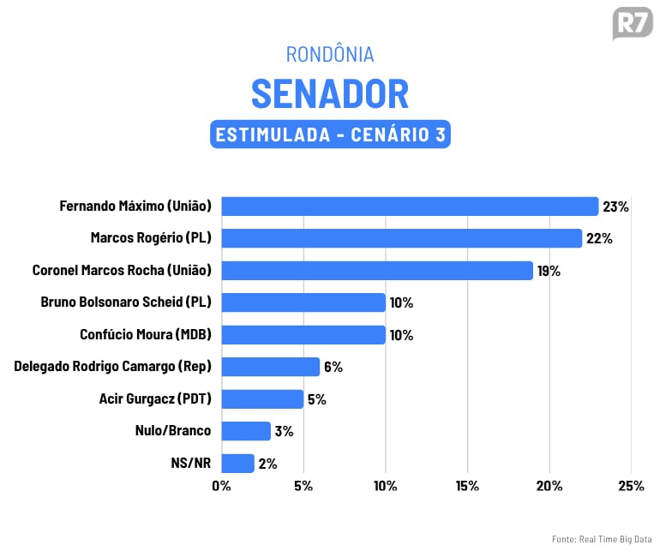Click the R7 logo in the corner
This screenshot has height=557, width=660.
click(x=632, y=23)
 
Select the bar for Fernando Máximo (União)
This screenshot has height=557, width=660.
click(x=410, y=207)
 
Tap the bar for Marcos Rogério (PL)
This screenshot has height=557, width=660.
click(x=401, y=238)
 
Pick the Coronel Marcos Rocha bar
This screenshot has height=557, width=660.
click(x=377, y=271)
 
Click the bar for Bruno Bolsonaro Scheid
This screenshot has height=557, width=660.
click(x=303, y=302)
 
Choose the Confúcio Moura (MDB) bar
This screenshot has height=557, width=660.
click(x=303, y=334)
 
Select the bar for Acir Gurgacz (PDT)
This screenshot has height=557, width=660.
click(x=262, y=399)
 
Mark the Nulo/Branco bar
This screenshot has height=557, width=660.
click(x=246, y=431)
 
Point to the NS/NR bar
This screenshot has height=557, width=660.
click(x=237, y=464)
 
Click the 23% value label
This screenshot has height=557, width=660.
click(x=615, y=207)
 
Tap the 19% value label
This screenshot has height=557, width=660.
click(x=549, y=271)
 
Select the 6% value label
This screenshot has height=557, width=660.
click(x=333, y=367)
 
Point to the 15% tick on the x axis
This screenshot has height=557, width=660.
click(x=467, y=487)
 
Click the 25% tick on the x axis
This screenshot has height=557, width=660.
click(x=631, y=487)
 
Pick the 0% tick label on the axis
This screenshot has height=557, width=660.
click(x=221, y=487)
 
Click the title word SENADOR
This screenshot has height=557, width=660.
click(x=330, y=93)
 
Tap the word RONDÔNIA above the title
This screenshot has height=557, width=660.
click(x=330, y=54)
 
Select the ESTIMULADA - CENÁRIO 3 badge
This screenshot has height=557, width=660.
click(x=330, y=135)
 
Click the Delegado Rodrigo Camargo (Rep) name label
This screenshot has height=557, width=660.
click(x=112, y=367)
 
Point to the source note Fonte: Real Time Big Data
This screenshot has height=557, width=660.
click(x=602, y=539)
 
